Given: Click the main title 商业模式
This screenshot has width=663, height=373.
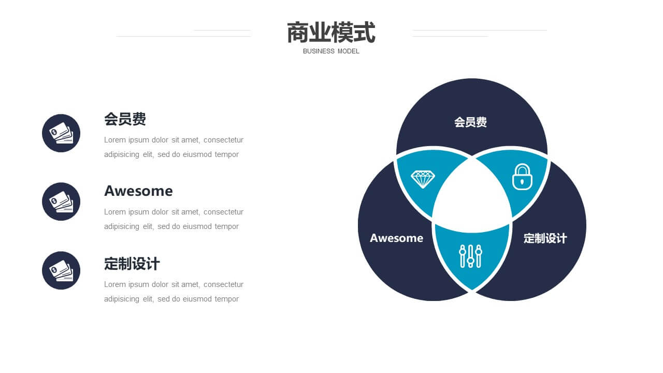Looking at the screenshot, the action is coord(331,32).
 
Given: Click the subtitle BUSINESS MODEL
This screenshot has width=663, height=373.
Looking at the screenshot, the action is coord(331,51).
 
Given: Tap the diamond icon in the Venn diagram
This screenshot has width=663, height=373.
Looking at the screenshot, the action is coord(423,179).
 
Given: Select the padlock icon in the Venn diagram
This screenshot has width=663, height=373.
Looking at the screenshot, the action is coord(522,177).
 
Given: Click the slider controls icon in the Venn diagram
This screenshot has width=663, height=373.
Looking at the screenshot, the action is coord(471,256).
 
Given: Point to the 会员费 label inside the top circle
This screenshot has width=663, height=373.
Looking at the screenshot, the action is coord(470,122).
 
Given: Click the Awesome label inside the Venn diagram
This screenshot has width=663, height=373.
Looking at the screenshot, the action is coord(396,238).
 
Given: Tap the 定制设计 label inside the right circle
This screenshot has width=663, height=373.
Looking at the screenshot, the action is coord(545,238).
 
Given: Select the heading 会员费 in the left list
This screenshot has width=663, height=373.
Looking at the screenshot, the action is coord(125,119).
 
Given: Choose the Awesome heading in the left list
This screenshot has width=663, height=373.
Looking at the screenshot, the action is coord(138,191).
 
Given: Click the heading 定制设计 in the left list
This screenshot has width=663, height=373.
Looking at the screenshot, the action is coord(132,264).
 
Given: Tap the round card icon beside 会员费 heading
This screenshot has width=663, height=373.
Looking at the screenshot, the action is coord(61,133).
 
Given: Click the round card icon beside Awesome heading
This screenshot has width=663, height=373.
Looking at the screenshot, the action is coord(61,202).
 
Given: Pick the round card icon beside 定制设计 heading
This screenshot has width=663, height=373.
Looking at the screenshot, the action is coord(61,270).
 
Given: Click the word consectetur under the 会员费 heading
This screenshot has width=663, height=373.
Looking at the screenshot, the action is coord(223,140).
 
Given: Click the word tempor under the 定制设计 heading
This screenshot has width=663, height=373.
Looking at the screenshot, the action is coord(227,299).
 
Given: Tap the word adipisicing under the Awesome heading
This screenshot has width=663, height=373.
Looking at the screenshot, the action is coord(122,227).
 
